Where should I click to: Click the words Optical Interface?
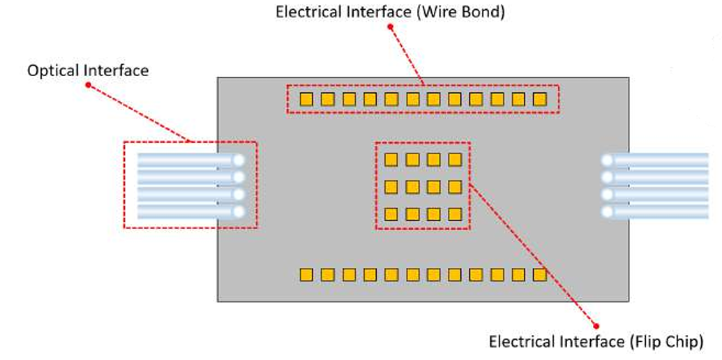[x=88, y=70]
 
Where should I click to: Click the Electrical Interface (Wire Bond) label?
[x=389, y=13]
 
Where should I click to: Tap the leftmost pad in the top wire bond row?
[x=306, y=99]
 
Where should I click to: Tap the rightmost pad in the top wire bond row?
[x=539, y=99]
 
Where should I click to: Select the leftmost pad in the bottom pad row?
[x=306, y=275]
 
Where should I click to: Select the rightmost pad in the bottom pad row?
[x=539, y=275]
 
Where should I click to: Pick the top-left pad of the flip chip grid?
[x=391, y=160]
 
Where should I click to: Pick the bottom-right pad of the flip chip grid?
[x=455, y=213]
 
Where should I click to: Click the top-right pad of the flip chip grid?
[x=455, y=160]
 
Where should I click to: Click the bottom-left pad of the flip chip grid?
[x=391, y=213]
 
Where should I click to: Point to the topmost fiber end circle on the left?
[x=239, y=160]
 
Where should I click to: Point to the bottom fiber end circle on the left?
[x=239, y=211]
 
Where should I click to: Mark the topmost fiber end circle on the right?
[x=607, y=160]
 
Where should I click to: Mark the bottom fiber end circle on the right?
[x=607, y=211]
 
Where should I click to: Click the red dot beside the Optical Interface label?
[x=89, y=85]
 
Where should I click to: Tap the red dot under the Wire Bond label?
[x=391, y=27]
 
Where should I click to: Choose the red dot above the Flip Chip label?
[x=596, y=325]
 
